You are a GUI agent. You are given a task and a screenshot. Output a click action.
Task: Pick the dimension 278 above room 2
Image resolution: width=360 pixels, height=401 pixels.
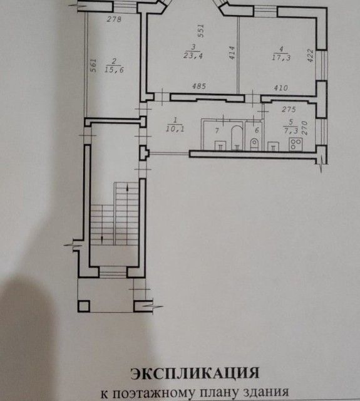114,20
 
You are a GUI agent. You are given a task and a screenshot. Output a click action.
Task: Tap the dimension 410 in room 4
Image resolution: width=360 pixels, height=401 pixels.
280,88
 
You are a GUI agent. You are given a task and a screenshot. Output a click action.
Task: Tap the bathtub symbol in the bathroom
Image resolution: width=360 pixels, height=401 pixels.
237,137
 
